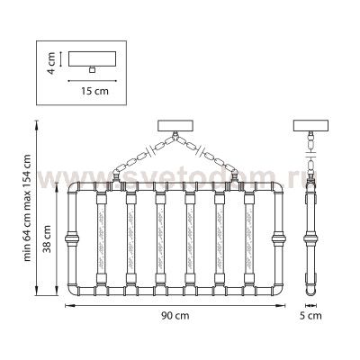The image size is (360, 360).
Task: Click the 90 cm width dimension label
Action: (x=175, y=316)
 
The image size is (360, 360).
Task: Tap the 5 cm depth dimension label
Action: (x=310, y=316)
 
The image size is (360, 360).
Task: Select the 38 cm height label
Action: (x=47, y=239)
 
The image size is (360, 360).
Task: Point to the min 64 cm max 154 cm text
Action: (x=27, y=208)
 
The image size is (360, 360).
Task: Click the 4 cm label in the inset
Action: (x=51, y=63)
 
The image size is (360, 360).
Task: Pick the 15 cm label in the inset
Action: (x=94, y=91)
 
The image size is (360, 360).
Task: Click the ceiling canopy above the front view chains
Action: (x=175, y=126)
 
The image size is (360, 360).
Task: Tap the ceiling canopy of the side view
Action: (x=310, y=126)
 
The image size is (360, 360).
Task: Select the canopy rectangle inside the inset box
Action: (x=92, y=58)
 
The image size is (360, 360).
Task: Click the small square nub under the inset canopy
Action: (x=93, y=69)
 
